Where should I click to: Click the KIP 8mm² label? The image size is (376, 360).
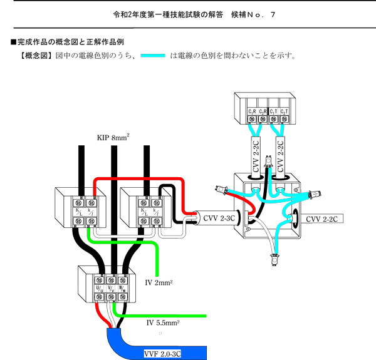click(x=113, y=137)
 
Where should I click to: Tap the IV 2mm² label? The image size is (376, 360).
click(x=159, y=282)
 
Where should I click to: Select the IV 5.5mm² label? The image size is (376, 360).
click(x=162, y=323)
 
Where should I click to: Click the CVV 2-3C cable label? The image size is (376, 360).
click(x=219, y=219)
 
